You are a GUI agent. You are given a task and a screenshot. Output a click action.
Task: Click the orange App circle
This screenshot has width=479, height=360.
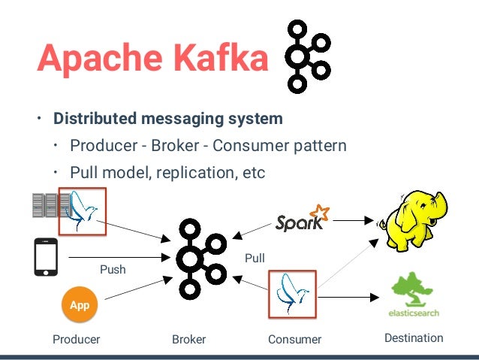pyautogui.click(x=80, y=306)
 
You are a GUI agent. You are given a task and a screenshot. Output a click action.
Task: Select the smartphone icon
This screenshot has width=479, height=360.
pyautogui.click(x=45, y=259)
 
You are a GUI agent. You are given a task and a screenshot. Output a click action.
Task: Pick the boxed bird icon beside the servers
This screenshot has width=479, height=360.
pyautogui.click(x=83, y=212)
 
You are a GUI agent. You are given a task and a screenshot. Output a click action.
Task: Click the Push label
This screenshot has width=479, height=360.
pyautogui.click(x=113, y=269)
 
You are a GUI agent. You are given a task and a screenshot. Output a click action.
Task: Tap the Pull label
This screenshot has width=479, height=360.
pyautogui.click(x=255, y=259)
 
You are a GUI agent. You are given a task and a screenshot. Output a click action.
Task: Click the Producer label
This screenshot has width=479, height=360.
pyautogui.click(x=76, y=339)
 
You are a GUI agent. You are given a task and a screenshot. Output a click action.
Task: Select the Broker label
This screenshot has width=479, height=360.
pyautogui.click(x=189, y=339)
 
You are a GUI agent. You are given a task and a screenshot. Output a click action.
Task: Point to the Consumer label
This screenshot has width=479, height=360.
pyautogui.click(x=294, y=339)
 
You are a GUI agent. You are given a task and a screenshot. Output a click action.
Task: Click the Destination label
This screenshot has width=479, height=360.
pyautogui.click(x=414, y=338)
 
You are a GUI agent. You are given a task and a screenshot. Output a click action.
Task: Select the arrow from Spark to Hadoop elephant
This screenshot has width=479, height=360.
pyautogui.click(x=353, y=221)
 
